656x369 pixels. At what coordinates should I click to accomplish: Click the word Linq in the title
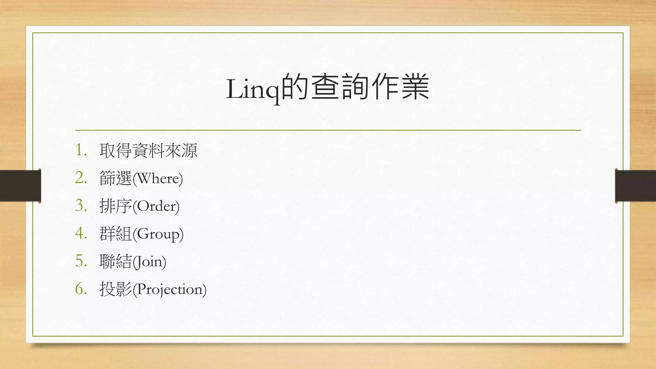coord(253,89)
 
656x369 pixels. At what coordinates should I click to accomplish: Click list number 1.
coord(81,150)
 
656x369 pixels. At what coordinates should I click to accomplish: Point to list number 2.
coord(81,178)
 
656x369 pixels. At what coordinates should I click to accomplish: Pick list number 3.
coord(81,206)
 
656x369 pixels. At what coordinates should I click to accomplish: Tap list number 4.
coord(81,233)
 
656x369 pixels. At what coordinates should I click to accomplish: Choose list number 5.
coord(81,261)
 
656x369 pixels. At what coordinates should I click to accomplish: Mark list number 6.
coord(81,289)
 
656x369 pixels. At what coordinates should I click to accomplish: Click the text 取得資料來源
coord(148,150)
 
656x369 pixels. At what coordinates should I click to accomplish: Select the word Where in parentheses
coord(158,178)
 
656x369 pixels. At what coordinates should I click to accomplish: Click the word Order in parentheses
coord(156,206)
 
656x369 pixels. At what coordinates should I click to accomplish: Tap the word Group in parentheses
coord(158,234)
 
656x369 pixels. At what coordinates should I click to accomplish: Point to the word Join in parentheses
coord(149,262)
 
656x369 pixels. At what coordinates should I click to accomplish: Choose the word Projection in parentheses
coord(169,290)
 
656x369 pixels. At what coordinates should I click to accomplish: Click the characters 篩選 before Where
coord(116,178)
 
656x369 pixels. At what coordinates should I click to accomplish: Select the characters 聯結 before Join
coord(116,261)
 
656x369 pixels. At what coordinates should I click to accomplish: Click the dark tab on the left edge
coord(20,186)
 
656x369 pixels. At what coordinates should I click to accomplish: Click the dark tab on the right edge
coord(635,186)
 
